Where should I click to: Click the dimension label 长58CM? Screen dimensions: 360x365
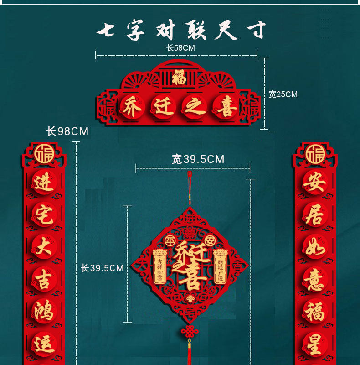(x=181, y=47)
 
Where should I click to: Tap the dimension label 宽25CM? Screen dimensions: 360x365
(x=283, y=94)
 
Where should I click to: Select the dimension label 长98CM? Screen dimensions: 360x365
(x=67, y=131)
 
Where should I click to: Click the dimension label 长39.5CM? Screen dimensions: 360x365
(x=102, y=268)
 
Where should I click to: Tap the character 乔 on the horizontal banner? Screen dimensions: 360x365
(x=132, y=107)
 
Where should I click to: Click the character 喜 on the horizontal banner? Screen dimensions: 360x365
(x=226, y=108)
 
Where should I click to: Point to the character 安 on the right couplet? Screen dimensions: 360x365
(x=315, y=183)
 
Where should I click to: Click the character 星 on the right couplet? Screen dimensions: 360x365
(x=315, y=346)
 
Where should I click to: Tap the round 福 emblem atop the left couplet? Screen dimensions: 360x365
(x=44, y=154)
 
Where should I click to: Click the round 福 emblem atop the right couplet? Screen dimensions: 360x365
(x=315, y=154)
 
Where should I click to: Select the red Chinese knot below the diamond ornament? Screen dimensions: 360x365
(x=188, y=332)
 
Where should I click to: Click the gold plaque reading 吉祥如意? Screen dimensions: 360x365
(x=159, y=267)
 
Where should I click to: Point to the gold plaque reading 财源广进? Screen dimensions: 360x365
(x=220, y=267)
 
